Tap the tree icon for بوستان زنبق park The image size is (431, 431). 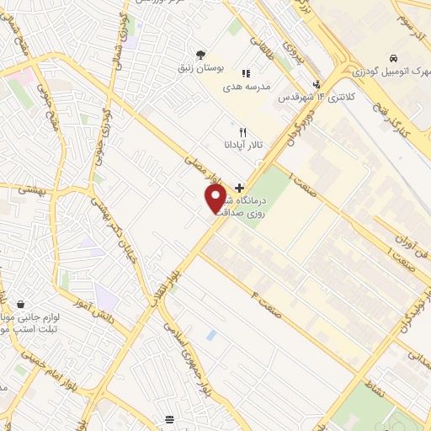200,56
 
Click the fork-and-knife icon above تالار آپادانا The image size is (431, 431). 242,132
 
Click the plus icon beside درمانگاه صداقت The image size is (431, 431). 240,187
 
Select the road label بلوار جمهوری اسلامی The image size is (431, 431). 187,354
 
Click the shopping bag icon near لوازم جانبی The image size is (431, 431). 19,304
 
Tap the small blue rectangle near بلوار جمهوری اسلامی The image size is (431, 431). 210,335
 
